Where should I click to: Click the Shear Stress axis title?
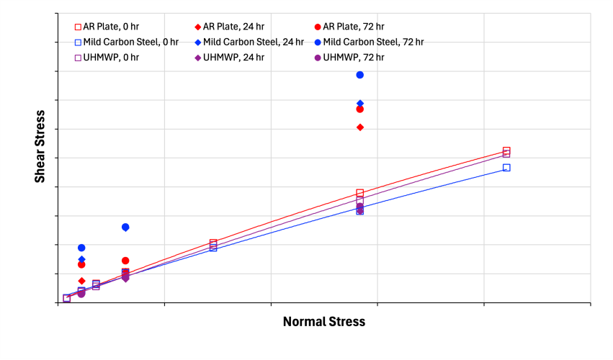(x=40, y=146)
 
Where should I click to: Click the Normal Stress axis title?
(x=323, y=322)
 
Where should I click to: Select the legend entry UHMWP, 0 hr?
(x=107, y=57)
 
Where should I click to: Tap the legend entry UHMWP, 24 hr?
(x=230, y=57)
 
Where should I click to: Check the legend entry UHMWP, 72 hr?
(x=349, y=57)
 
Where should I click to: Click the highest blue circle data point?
(x=360, y=75)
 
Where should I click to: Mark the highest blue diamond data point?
(x=360, y=104)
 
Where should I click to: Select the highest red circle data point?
(x=360, y=109)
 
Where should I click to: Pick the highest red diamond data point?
(x=360, y=127)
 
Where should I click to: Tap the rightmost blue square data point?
(x=506, y=168)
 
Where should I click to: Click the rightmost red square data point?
(x=506, y=151)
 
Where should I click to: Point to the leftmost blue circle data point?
(x=81, y=248)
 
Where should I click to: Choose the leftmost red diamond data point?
(x=81, y=281)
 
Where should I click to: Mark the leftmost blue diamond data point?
(x=81, y=259)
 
